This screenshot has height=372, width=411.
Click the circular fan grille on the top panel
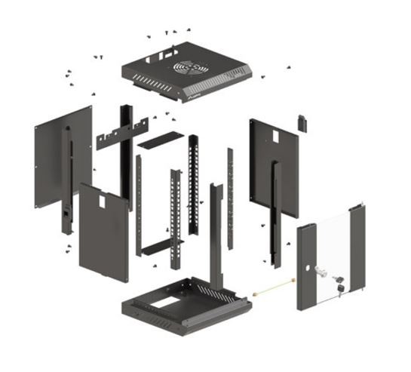pos(190,68)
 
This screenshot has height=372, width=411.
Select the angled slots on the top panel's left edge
pos(141,76)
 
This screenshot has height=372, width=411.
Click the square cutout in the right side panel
pos(275,134)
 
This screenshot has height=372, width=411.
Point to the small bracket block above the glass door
pos(302,122)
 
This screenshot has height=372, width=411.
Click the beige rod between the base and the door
pos(273,288)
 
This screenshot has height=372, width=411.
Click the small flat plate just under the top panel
pos(160,139)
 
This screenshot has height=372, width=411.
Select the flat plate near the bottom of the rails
pos(161,247)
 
